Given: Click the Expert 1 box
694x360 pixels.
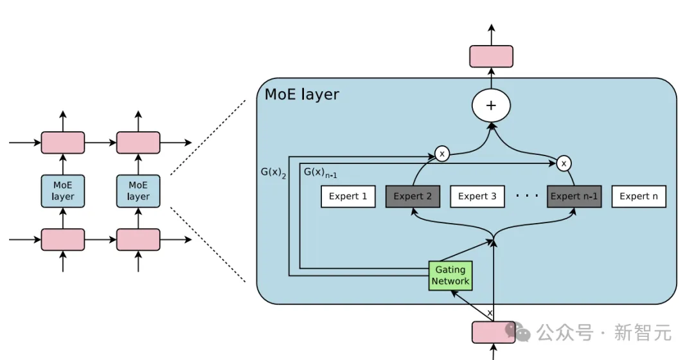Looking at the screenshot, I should [x=348, y=197].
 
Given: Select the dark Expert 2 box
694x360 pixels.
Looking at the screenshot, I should [x=413, y=197].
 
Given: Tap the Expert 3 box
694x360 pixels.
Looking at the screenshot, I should [x=477, y=197].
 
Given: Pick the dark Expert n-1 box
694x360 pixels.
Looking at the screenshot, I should [x=574, y=197].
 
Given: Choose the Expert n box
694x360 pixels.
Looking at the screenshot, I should [x=639, y=197].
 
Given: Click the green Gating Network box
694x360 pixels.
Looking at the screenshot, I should [x=450, y=276].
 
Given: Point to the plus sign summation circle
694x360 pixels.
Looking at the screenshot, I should [x=491, y=105].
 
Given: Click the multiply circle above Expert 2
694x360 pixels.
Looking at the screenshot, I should [x=441, y=154].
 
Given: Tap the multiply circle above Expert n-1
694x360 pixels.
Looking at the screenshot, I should [x=564, y=164].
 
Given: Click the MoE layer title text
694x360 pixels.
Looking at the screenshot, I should [x=302, y=94].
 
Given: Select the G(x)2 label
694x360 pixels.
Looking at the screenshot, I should [x=273, y=173].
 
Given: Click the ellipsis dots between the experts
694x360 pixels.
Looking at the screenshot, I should [x=527, y=195].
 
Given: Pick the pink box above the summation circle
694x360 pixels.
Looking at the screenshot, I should [x=491, y=57].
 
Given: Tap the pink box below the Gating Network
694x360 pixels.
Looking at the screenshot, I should [x=494, y=332].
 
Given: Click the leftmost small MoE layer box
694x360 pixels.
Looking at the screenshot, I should [x=63, y=191].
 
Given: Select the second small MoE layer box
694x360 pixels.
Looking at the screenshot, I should [x=138, y=191].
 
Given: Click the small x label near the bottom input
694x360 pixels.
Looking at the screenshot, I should [x=490, y=313].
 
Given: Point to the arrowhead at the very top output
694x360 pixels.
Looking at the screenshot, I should [x=491, y=28].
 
